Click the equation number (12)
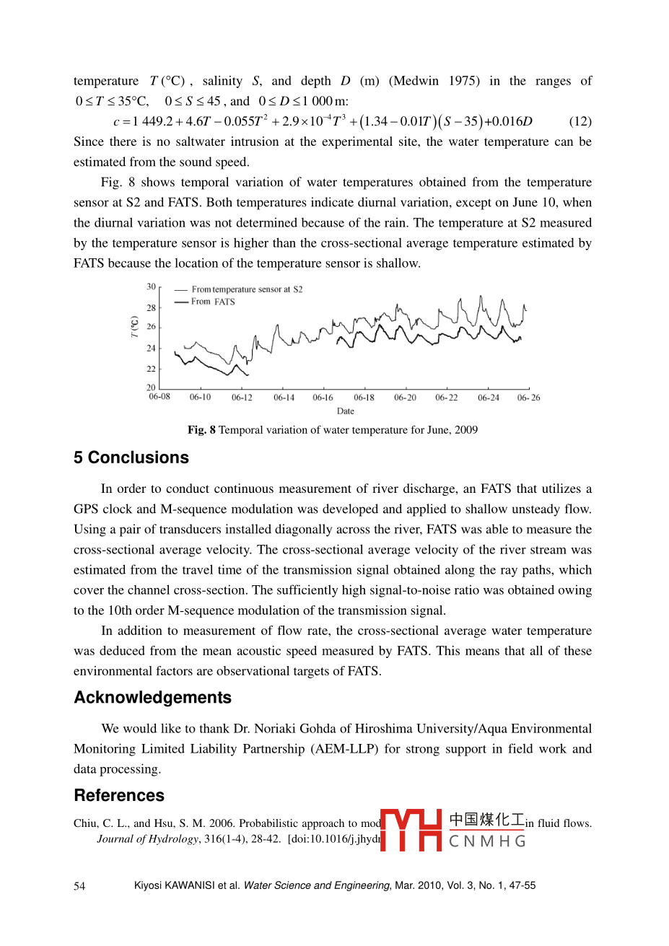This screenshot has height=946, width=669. point(580,121)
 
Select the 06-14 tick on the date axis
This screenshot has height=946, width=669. point(284,398)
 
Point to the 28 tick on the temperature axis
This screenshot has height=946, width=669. point(152,308)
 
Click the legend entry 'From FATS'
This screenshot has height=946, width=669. point(213,302)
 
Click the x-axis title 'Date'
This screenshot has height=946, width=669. point(346,411)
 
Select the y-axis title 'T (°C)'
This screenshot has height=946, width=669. point(134,327)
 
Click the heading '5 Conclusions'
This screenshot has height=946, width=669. point(131,457)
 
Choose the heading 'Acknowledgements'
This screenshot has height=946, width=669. point(153,698)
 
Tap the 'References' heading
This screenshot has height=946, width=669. point(119,795)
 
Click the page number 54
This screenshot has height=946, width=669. point(79,886)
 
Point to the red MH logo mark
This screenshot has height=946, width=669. point(411,830)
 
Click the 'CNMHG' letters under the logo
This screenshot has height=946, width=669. point(487,841)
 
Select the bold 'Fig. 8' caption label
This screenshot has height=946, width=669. point(201,430)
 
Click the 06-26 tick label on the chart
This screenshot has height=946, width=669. point(528,398)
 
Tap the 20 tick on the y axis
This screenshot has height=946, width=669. point(152,387)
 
